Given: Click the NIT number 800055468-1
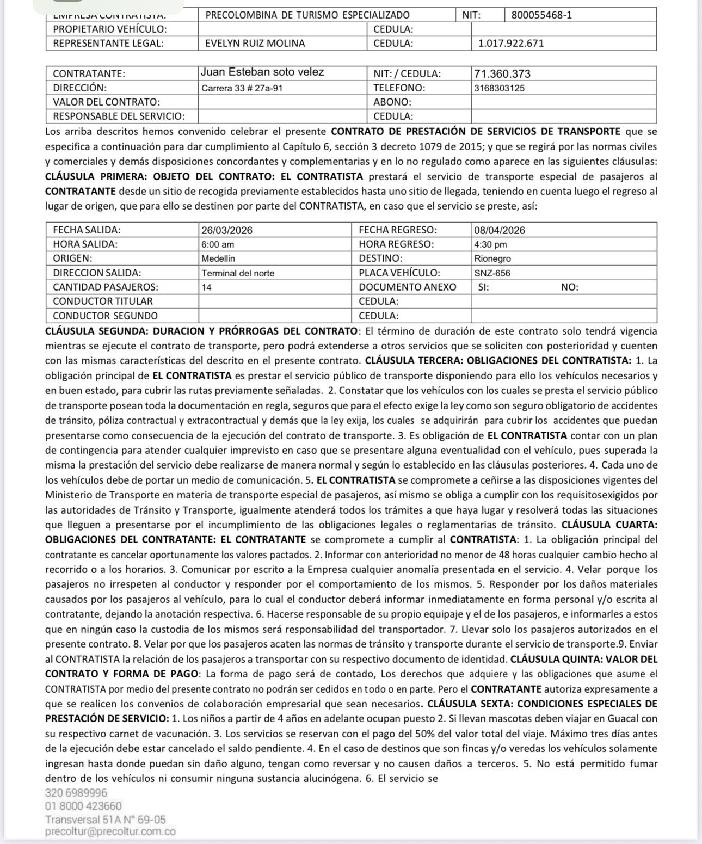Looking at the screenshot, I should click(x=541, y=15).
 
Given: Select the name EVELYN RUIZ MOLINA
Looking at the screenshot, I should click(x=255, y=44).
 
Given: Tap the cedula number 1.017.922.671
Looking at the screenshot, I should click(x=510, y=44).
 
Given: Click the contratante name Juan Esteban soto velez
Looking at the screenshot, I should click(x=262, y=72).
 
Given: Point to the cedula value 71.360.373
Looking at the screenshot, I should click(x=502, y=73).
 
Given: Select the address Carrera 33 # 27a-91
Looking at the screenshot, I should click(x=242, y=88).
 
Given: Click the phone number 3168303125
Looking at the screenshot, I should click(x=499, y=88).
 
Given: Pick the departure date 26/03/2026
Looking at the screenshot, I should click(x=227, y=230).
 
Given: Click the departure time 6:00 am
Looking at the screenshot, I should click(x=218, y=244).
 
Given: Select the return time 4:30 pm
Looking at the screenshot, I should click(x=490, y=244).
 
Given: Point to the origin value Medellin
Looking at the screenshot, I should click(x=218, y=258).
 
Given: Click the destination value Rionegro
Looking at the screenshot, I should click(x=492, y=258).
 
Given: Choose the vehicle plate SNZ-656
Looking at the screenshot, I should click(x=492, y=273).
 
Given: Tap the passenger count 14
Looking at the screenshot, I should click(x=207, y=287).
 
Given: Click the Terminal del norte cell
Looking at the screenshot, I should click(x=238, y=273).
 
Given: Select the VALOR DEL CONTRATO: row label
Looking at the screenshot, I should click(x=106, y=102).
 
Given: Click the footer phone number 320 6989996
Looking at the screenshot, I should click(x=76, y=793).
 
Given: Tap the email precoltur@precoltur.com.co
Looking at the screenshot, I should click(x=110, y=831).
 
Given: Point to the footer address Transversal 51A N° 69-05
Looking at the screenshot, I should click(x=106, y=819).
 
